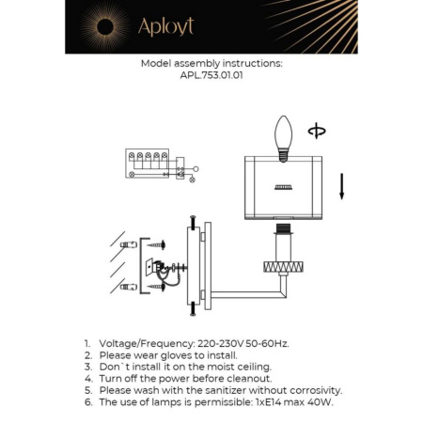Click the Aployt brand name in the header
coord(166,26)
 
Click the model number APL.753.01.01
coord(211,77)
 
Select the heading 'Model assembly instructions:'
coord(211,65)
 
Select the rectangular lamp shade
coord(282,187)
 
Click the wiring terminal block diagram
coord(152,165)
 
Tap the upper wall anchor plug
coord(130,244)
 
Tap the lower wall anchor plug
coord(130,280)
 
